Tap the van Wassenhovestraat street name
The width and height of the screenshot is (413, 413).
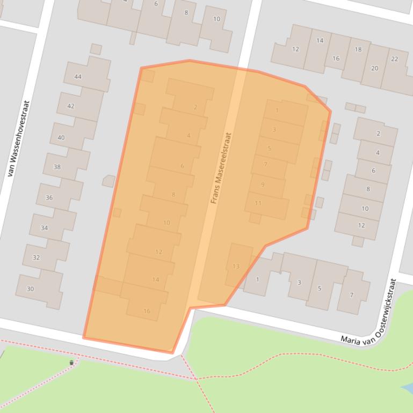pos(18,139)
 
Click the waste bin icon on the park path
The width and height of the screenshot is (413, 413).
pos(71,363)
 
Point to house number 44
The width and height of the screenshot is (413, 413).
pos(78,77)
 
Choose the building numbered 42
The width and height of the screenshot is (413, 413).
pos(71,106)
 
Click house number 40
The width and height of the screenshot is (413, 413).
pos(61,138)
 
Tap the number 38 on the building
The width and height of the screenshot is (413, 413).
pos(57,167)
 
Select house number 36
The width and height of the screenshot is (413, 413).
pos(49,197)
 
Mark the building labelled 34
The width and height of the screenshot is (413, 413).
pos(44,228)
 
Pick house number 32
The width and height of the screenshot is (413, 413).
pos(36,257)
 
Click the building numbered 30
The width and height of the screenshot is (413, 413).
pos(30,289)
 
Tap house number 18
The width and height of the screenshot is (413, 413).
pos(358,50)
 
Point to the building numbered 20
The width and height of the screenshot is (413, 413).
pos(374,68)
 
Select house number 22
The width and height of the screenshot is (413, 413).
pos(395,59)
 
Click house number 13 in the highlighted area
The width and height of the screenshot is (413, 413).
pos(236,266)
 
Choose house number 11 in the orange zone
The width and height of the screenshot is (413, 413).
pos(258,203)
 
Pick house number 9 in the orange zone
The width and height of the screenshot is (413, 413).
pos(263,185)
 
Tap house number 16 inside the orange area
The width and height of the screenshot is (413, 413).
pos(147,311)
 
